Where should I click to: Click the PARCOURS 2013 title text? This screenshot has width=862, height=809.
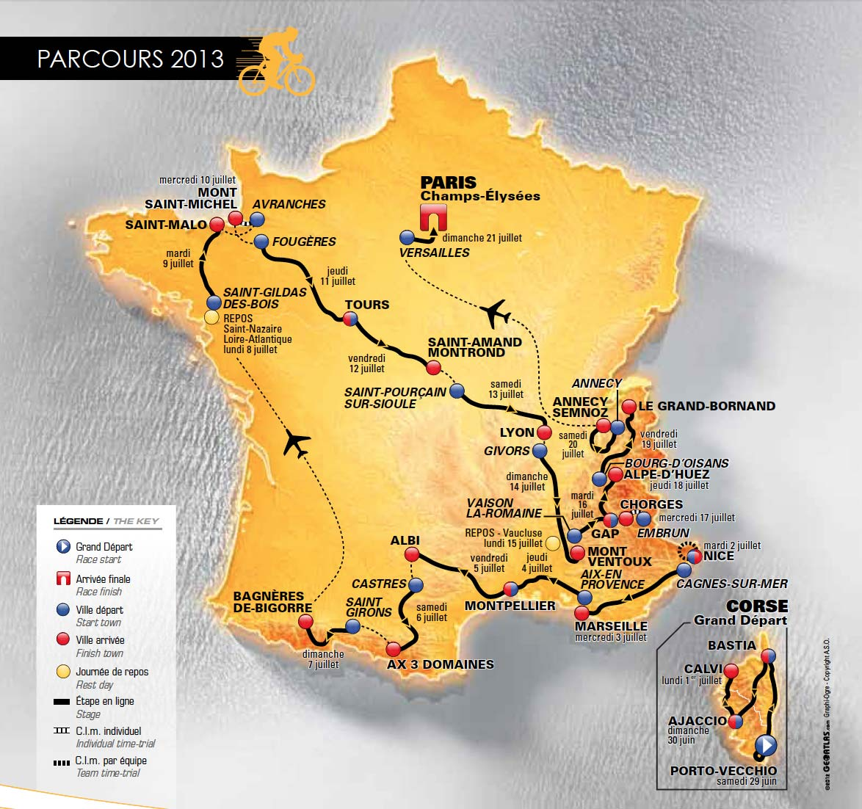click(x=131, y=59)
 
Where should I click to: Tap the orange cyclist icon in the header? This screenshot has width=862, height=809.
click(x=278, y=62)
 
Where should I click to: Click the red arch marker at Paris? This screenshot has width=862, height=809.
click(x=433, y=217)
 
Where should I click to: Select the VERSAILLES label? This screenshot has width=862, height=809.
click(x=435, y=253)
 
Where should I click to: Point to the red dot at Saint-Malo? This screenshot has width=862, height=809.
click(x=217, y=224)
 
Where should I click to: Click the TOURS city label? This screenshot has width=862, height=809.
click(x=367, y=305)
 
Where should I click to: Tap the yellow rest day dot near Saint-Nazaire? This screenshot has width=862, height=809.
click(x=211, y=317)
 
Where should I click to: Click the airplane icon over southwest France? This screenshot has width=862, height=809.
click(x=296, y=445)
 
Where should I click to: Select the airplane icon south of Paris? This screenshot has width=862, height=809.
click(x=496, y=313)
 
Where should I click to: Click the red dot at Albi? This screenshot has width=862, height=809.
click(x=412, y=554)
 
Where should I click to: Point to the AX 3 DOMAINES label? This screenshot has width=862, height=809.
click(x=441, y=664)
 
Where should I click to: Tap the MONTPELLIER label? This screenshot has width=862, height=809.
click(x=510, y=606)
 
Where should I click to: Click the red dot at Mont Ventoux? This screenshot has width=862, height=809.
click(x=577, y=552)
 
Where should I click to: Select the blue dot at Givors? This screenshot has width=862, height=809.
click(x=540, y=451)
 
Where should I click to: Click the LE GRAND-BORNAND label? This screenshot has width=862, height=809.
click(x=706, y=406)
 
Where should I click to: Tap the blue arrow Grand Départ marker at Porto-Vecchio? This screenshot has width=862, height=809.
click(x=765, y=746)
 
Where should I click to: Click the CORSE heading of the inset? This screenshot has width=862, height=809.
click(x=756, y=606)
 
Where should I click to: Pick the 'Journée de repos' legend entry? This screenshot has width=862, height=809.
click(x=112, y=672)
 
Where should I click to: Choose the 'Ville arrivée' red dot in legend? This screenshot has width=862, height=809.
click(x=63, y=639)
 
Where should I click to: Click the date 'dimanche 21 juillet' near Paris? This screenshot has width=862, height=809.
click(x=482, y=238)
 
